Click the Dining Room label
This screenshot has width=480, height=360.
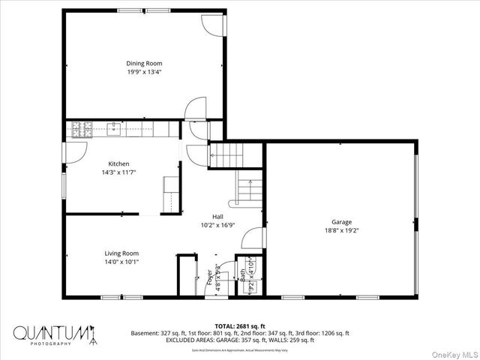click(x=144, y=64)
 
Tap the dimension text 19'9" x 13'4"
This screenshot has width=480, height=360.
click(x=144, y=73)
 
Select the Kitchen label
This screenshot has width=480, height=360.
click(x=118, y=163)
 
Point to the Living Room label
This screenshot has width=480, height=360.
click(x=121, y=253)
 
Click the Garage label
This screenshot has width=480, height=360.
click(x=342, y=222)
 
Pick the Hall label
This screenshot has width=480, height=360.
click(x=217, y=217)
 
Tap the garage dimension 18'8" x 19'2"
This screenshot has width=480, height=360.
click(x=342, y=231)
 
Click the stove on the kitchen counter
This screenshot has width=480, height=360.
click(x=80, y=130)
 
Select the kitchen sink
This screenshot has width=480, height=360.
click(x=114, y=130)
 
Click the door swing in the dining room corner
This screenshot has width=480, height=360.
click(x=212, y=23)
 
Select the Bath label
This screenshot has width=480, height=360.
click(x=244, y=275)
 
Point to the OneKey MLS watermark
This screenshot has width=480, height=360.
click(x=451, y=352)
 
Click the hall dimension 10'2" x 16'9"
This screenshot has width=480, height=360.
click(x=217, y=225)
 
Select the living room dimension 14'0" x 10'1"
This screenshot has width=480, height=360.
click(x=121, y=262)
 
